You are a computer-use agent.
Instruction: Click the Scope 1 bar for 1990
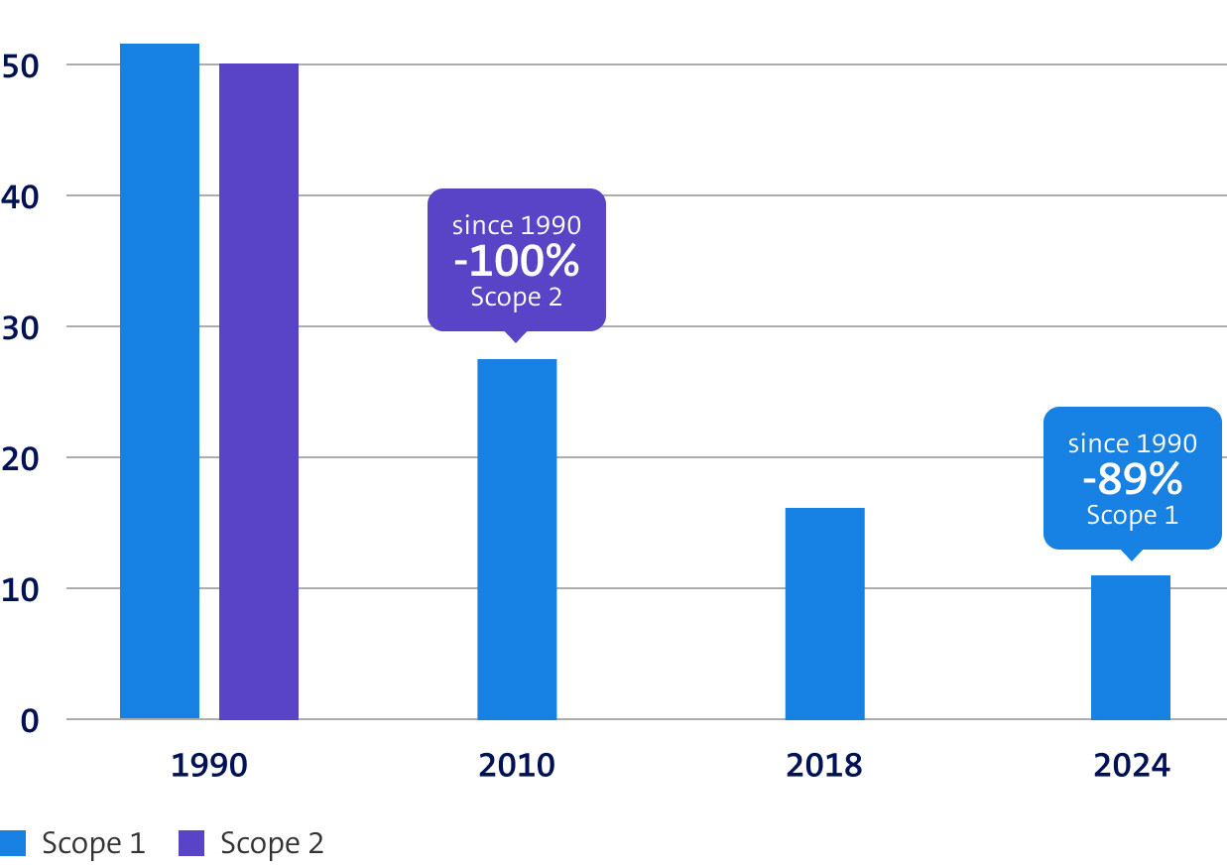click(159, 381)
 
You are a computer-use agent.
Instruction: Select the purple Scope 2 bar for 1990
click(258, 391)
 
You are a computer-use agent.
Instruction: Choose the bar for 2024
click(1130, 647)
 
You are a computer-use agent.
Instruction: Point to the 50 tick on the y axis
click(23, 65)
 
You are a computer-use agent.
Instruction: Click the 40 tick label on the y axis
click(23, 196)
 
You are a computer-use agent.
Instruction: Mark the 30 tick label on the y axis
click(23, 327)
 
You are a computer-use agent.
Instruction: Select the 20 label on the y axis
click(23, 458)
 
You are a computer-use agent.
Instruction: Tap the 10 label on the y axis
click(23, 589)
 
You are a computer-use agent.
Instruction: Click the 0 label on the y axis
click(31, 720)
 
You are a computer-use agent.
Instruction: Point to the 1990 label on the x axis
click(208, 766)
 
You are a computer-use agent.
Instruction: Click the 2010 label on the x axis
click(516, 766)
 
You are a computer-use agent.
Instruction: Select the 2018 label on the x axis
click(824, 766)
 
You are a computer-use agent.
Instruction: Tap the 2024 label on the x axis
click(1131, 766)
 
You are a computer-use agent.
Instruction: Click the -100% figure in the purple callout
click(516, 261)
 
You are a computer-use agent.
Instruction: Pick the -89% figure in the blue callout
click(1132, 479)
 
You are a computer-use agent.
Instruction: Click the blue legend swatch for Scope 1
click(12, 843)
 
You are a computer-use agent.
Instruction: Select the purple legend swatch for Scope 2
click(190, 843)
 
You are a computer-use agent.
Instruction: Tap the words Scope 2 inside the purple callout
click(516, 297)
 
